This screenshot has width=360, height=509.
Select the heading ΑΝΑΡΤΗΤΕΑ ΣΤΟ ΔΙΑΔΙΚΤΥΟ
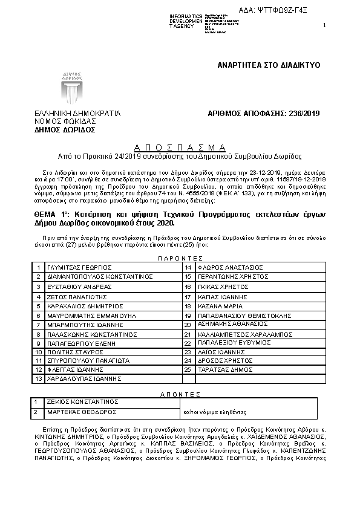click(x=269, y=65)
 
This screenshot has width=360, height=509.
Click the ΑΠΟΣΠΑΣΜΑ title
click(x=180, y=147)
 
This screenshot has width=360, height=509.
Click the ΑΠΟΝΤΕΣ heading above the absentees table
click(x=179, y=393)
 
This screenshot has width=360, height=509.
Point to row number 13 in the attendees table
click(x=38, y=378)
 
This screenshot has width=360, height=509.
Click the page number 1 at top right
click(x=324, y=25)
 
